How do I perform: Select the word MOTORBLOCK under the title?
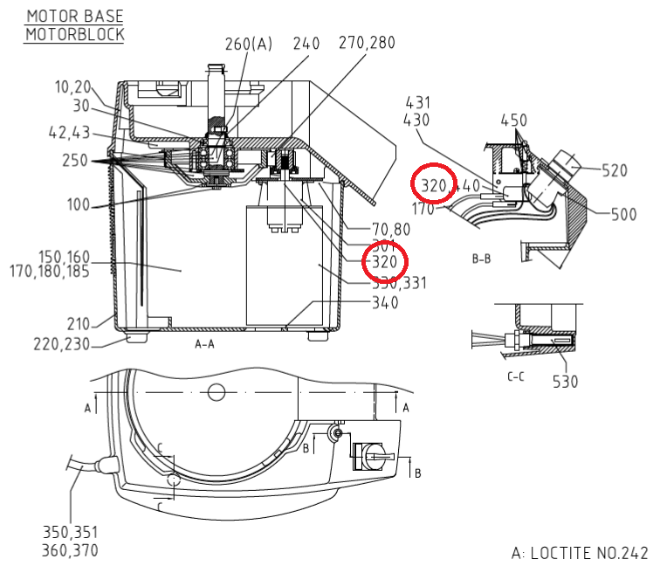tap(74, 34)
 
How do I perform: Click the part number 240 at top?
tap(306, 44)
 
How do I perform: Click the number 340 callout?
tap(385, 303)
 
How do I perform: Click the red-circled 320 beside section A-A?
tap(385, 262)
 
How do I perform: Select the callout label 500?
tap(623, 214)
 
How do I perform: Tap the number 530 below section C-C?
tap(565, 381)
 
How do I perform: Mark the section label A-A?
tap(204, 344)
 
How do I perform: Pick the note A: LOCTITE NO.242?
tap(579, 553)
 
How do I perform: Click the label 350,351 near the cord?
tap(70, 531)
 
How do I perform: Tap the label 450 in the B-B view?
tap(515, 120)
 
